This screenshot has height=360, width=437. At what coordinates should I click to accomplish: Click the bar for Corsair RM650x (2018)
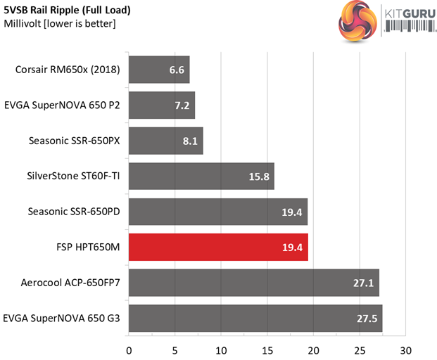click(x=158, y=69)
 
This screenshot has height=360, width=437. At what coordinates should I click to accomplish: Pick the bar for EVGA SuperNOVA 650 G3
click(x=255, y=319)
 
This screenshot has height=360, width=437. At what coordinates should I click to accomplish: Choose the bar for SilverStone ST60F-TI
click(x=201, y=176)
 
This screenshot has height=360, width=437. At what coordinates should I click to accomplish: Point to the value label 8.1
click(x=189, y=141)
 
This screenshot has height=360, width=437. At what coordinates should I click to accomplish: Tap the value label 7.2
click(x=181, y=105)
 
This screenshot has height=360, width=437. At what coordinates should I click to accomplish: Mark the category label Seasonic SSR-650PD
click(x=74, y=212)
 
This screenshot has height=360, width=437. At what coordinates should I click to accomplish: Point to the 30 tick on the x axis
click(x=405, y=350)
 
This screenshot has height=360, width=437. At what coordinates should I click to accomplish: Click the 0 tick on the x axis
click(x=129, y=350)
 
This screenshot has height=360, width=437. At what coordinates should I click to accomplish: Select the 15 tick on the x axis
click(x=267, y=350)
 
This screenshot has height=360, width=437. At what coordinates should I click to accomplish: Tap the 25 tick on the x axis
click(x=360, y=350)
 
